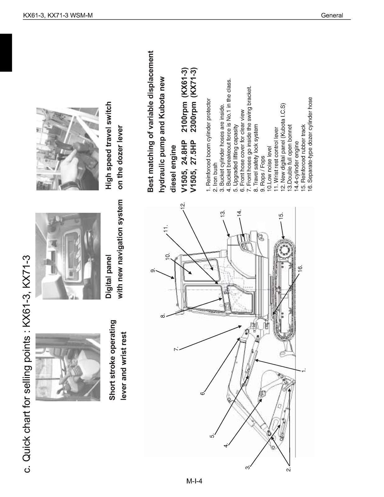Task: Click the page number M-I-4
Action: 194,482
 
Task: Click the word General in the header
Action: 332,15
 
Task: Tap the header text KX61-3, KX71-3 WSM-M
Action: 58,15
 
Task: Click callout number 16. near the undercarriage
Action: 300,269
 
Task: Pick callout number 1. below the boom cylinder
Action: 304,370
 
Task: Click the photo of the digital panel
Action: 68,256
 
